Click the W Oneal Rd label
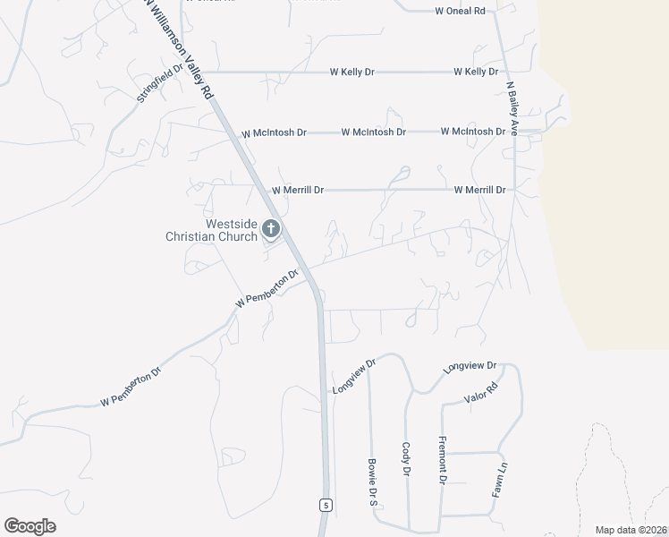[x=460, y=11]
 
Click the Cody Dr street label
[x=406, y=459]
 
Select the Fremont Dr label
[x=442, y=461]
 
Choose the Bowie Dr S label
[x=372, y=483]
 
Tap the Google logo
[x=30, y=526]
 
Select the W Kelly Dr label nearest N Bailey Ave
[x=475, y=72]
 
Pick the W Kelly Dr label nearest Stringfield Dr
[x=351, y=72]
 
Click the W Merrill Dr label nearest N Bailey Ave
[x=479, y=190]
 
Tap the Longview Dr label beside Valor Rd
[x=470, y=367]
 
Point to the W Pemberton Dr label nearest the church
[x=266, y=291]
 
